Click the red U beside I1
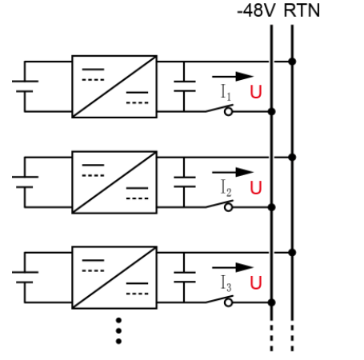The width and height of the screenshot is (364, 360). (256, 92)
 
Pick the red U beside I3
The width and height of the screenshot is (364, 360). (256, 283)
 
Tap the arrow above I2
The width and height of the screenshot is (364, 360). (233, 171)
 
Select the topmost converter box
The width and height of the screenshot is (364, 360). (114, 86)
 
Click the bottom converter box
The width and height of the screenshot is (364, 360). (114, 278)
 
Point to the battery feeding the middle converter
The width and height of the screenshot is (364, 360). (24, 182)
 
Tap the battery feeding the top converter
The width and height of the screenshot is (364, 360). (24, 86)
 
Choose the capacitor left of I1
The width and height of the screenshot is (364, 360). (184, 86)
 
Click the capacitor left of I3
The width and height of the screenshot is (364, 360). (184, 278)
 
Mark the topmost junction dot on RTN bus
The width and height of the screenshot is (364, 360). (292, 62)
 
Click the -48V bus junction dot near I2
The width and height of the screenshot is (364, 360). (271, 206)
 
